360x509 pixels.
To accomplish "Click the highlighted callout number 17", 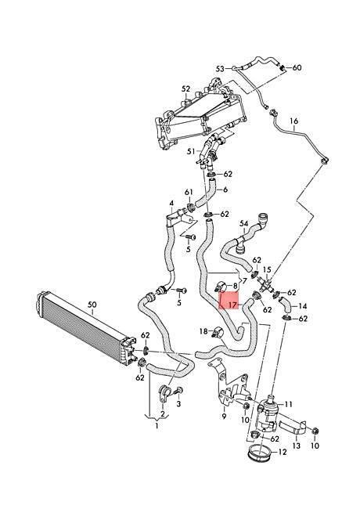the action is point(234,305).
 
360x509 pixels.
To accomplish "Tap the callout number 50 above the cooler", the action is point(92,305).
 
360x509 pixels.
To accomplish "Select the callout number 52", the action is point(185,88).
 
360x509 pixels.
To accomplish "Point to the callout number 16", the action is point(293,121).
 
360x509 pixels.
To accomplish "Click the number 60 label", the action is point(297,67).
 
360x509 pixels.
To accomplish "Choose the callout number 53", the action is point(220,69).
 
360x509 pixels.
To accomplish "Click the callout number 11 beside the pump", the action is point(288,404).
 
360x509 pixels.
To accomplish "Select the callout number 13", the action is point(297,446).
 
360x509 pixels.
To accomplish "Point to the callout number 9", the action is point(224,416).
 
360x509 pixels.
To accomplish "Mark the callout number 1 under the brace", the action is point(157,425).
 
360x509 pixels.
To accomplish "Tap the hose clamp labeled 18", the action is point(217,332).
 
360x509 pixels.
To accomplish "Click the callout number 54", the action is point(244,224).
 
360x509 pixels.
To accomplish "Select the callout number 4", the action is point(171,204).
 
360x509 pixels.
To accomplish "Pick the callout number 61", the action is point(189,193).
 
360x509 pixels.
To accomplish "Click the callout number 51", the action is point(192,151).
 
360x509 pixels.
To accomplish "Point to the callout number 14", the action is point(302,306).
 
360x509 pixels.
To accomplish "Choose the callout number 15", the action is point(267,269).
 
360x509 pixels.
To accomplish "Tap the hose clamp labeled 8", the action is point(221,287).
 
